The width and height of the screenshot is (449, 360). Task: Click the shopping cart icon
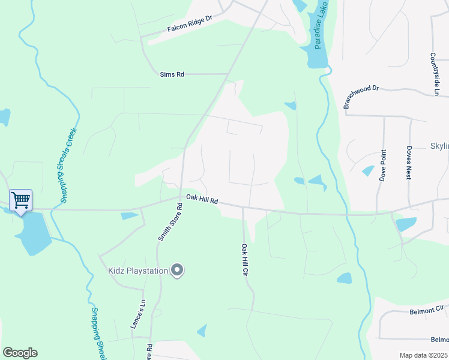[x=20, y=200]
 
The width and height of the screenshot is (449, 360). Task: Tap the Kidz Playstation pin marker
[x=176, y=271]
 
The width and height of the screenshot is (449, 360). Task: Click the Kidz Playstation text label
[x=137, y=271]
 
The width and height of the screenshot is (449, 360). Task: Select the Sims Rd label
[x=172, y=74]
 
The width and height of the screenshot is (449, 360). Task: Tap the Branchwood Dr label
[x=361, y=96]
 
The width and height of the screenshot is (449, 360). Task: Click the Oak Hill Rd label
[x=202, y=200]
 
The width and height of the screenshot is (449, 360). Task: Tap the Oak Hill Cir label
[x=245, y=259]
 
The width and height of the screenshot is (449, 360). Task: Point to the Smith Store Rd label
[x=170, y=222]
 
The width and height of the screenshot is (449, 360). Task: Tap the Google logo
[x=20, y=353]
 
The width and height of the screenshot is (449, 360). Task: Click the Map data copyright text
[x=423, y=355]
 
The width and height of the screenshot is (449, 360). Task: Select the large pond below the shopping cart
[x=34, y=232]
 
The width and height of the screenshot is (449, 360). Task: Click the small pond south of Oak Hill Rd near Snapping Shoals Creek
[x=129, y=216]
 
